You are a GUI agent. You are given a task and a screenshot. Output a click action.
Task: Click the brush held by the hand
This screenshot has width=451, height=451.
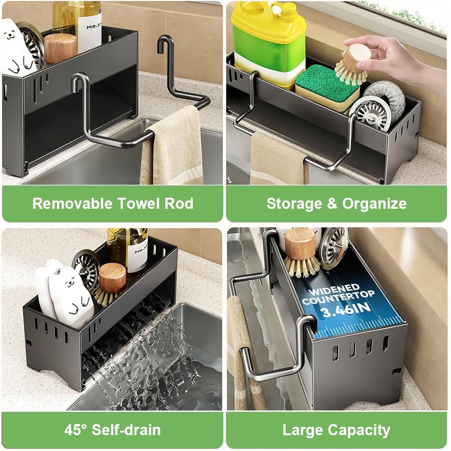(352, 64)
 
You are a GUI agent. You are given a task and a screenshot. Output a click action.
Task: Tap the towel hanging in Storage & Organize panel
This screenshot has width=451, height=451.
(277, 161)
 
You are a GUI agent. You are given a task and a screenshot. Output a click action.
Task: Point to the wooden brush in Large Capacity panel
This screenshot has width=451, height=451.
(301, 251)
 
